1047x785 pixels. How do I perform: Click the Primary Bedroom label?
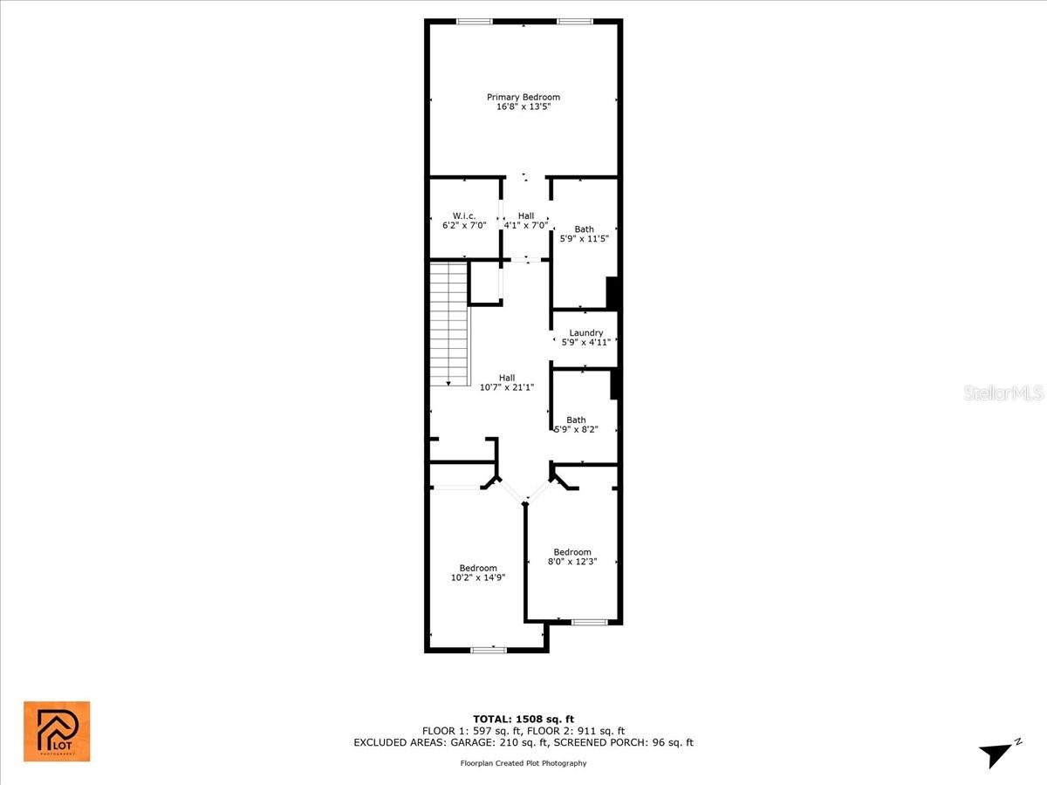click(523, 97)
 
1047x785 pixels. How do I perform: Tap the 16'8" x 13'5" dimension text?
click(523, 107)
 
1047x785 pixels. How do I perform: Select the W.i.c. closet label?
click(463, 215)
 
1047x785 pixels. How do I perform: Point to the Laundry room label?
click(585, 332)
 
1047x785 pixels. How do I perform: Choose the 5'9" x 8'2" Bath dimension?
click(576, 429)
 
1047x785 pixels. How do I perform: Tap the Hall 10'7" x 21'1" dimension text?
click(506, 387)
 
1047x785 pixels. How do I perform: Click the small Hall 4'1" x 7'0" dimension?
click(525, 225)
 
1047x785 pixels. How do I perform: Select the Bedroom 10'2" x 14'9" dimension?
click(478, 577)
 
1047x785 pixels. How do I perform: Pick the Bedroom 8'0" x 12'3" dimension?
click(572, 562)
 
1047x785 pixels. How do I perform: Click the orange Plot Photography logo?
click(57, 731)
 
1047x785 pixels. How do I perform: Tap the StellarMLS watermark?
click(1003, 392)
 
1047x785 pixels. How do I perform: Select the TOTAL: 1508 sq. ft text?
click(523, 719)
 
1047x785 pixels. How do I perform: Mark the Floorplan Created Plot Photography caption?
click(523, 763)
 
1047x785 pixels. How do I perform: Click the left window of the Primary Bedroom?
click(475, 21)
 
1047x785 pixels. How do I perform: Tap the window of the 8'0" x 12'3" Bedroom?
click(589, 622)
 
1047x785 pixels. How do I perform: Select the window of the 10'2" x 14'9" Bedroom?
click(489, 650)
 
